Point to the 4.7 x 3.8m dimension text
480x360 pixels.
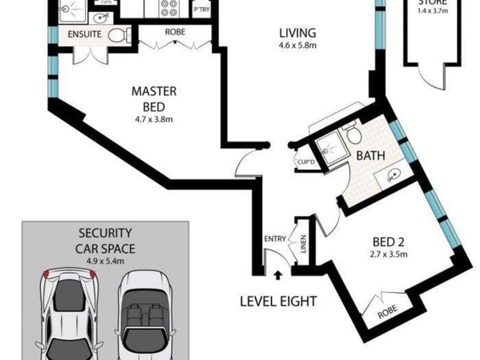coord(154,119)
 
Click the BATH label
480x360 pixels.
coord(371,155)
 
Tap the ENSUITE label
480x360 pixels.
coord(83,35)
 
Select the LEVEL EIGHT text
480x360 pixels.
coord(278,301)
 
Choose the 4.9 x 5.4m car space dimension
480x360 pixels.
coord(105,260)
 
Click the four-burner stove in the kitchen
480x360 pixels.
coord(166,7)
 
